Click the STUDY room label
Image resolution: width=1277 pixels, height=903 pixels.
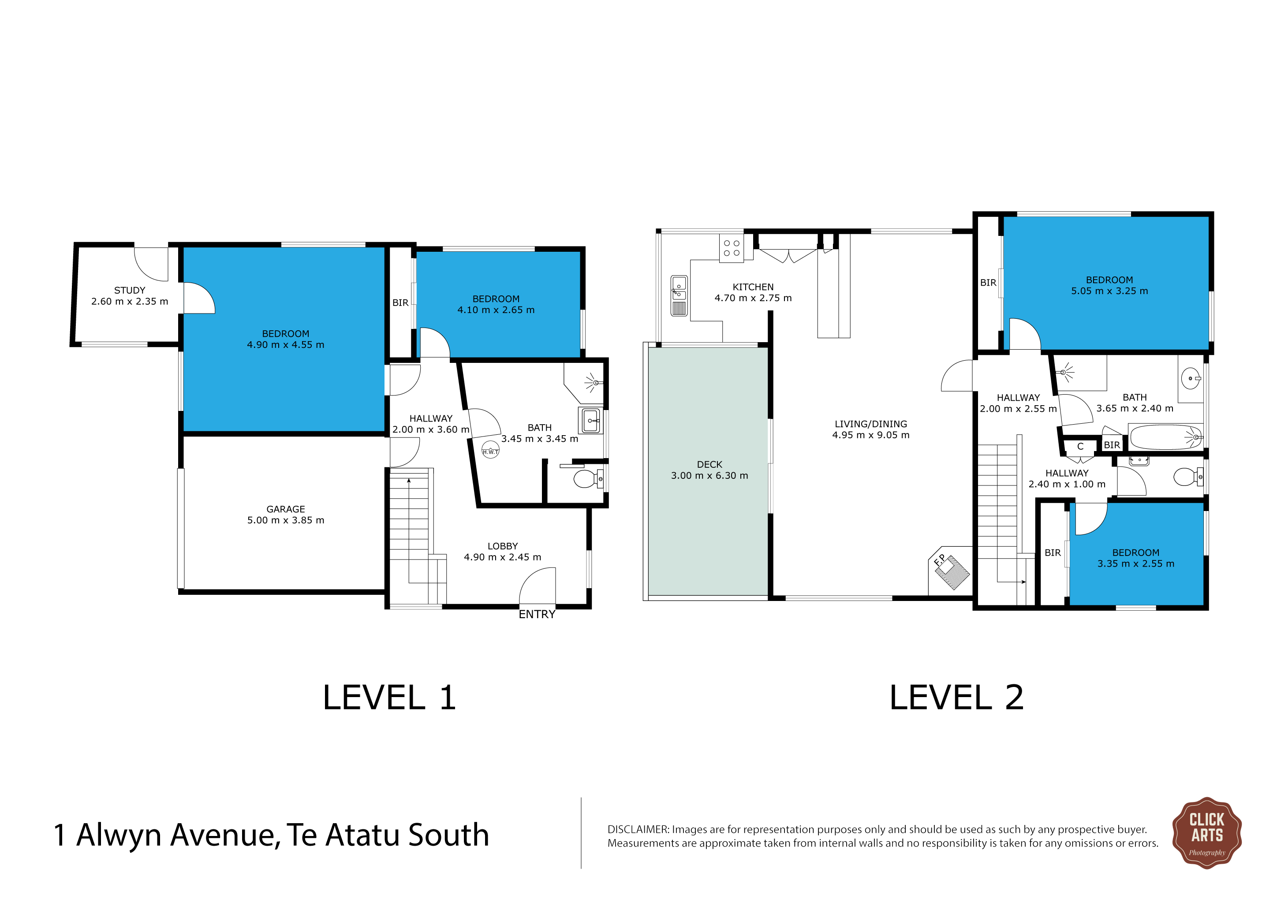point(130,290)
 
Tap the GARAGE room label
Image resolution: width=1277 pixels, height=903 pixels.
point(286,509)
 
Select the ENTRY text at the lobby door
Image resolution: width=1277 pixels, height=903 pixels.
point(537,614)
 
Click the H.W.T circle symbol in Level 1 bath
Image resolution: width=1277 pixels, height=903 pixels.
point(490,450)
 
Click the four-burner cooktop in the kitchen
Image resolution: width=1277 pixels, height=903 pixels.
point(732,248)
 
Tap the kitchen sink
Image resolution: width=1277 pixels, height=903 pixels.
point(679,295)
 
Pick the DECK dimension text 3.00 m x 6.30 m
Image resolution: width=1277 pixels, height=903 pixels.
point(709,476)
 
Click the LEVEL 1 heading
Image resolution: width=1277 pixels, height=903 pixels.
point(389,698)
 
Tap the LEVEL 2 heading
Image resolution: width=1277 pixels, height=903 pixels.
point(956,698)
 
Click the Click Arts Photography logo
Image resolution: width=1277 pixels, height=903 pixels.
point(1207,832)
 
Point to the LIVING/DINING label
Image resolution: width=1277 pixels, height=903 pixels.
point(871,424)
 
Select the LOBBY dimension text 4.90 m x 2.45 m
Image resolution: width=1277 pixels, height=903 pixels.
point(503,557)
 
